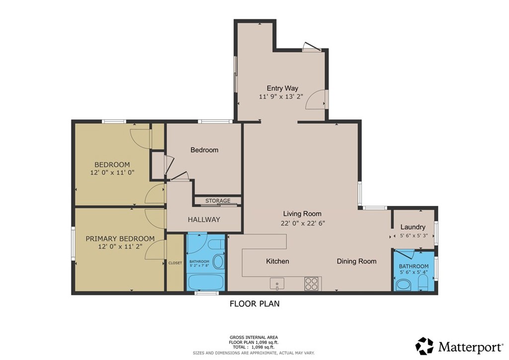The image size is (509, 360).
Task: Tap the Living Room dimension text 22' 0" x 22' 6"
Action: tap(302, 223)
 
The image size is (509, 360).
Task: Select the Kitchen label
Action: tap(277, 261)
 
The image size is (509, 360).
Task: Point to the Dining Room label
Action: tap(356, 261)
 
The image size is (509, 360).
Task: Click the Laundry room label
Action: tap(412, 227)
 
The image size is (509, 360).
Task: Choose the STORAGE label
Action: tap(218, 201)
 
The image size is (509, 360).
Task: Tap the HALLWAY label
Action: tap(204, 219)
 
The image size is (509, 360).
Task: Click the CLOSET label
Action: tap(175, 263)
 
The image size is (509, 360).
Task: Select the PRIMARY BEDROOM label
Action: tap(120, 239)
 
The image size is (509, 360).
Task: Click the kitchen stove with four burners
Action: tap(311, 283)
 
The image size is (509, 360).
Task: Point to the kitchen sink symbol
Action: tap(276, 284)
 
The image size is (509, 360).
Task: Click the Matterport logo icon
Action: tap(424, 346)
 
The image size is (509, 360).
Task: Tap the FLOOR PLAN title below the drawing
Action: tap(254, 303)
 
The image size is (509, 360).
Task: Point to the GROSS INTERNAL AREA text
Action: tap(254, 337)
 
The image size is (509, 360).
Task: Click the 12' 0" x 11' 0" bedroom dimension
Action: tap(112, 173)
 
